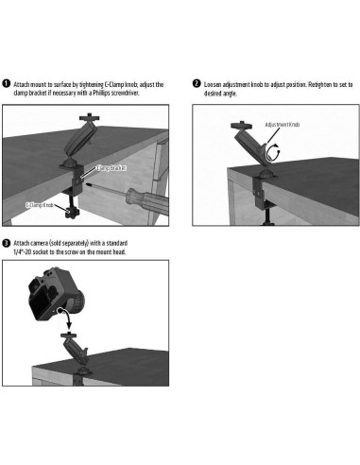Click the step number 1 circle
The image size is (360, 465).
7,84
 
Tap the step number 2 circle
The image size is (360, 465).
196,84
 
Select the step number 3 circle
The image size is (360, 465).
7,243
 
